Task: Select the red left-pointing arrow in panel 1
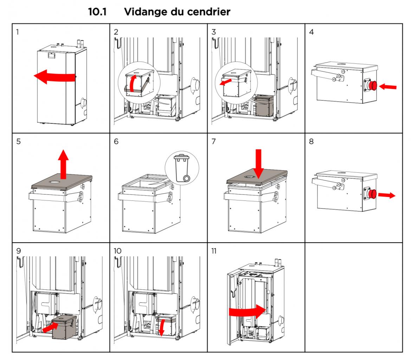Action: (53, 77)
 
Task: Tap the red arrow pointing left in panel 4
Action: (388, 86)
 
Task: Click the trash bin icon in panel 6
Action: (182, 168)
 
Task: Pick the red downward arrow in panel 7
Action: (258, 163)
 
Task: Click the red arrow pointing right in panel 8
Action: (387, 195)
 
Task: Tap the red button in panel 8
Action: (373, 194)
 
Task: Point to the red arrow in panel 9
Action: (50, 327)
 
